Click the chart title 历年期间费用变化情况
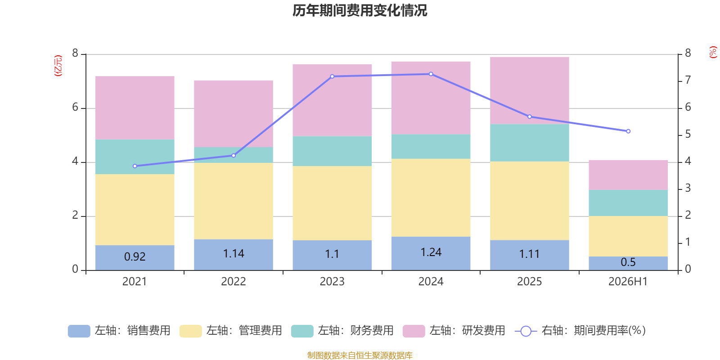pyautogui.click(x=360, y=11)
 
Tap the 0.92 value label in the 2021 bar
pyautogui.click(x=135, y=256)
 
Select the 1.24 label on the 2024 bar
pyautogui.click(x=431, y=252)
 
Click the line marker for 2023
pyautogui.click(x=333, y=76)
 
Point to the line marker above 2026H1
pyautogui.click(x=628, y=131)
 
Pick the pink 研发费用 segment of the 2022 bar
pyautogui.click(x=234, y=114)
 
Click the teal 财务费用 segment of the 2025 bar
pyautogui.click(x=529, y=143)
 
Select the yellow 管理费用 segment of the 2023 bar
pyautogui.click(x=332, y=203)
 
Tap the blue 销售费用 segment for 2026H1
pyautogui.click(x=628, y=263)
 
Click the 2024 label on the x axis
pyautogui.click(x=431, y=282)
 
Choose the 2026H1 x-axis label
pyautogui.click(x=628, y=282)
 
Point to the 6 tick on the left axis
pyautogui.click(x=75, y=108)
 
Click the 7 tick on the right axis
pyautogui.click(x=688, y=80)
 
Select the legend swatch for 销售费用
pyautogui.click(x=79, y=331)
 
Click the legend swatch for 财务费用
pyautogui.click(x=302, y=331)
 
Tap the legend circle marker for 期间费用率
pyautogui.click(x=526, y=331)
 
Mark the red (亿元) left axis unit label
pyautogui.click(x=58, y=66)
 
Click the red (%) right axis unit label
pyautogui.click(x=713, y=52)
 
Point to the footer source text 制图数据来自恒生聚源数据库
pyautogui.click(x=360, y=355)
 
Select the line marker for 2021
pyautogui.click(x=135, y=166)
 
